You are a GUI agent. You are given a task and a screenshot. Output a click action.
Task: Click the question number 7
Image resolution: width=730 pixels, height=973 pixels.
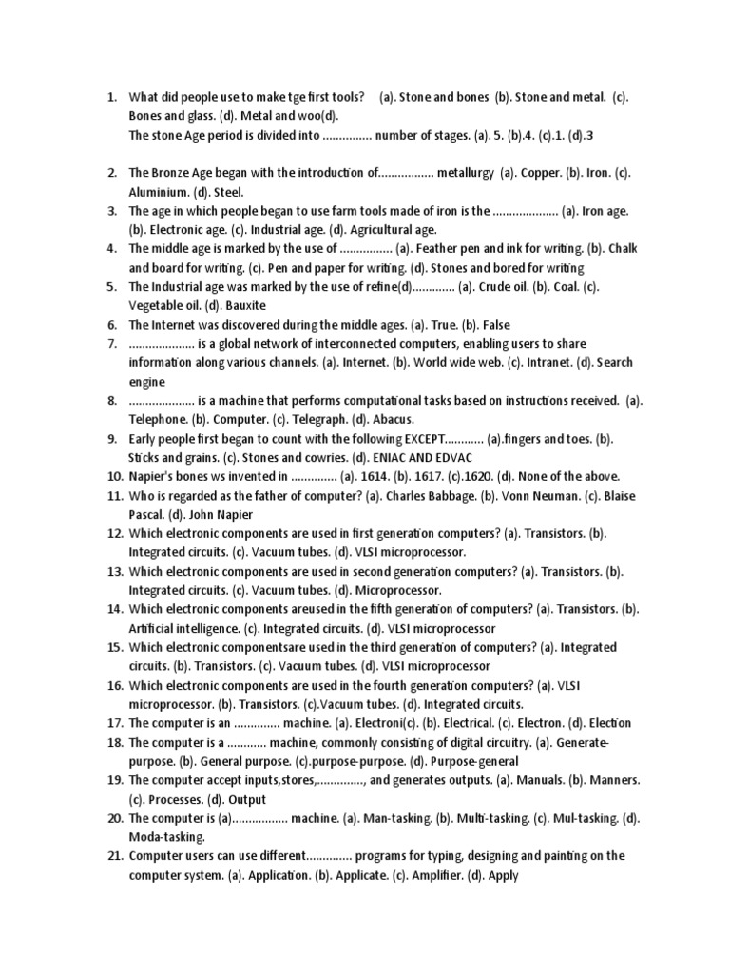(x=110, y=343)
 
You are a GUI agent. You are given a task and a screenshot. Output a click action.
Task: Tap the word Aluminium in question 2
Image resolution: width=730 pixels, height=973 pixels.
(x=158, y=192)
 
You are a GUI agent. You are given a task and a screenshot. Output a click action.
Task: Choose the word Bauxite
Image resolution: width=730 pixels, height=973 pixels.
(x=245, y=305)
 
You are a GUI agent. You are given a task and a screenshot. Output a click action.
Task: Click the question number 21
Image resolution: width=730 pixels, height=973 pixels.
(x=113, y=856)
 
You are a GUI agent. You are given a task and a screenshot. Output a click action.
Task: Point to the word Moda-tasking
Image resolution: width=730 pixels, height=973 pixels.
(x=166, y=837)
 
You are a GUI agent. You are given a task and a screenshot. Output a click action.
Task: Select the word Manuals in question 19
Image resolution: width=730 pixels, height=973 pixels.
(x=533, y=780)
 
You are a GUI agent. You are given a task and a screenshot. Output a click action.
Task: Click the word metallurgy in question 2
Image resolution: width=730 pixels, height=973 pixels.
(x=467, y=173)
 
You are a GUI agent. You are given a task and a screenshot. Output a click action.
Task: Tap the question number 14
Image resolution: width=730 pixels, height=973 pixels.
(x=113, y=609)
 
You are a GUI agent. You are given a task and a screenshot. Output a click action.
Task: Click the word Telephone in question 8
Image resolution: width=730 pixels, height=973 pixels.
(x=158, y=419)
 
